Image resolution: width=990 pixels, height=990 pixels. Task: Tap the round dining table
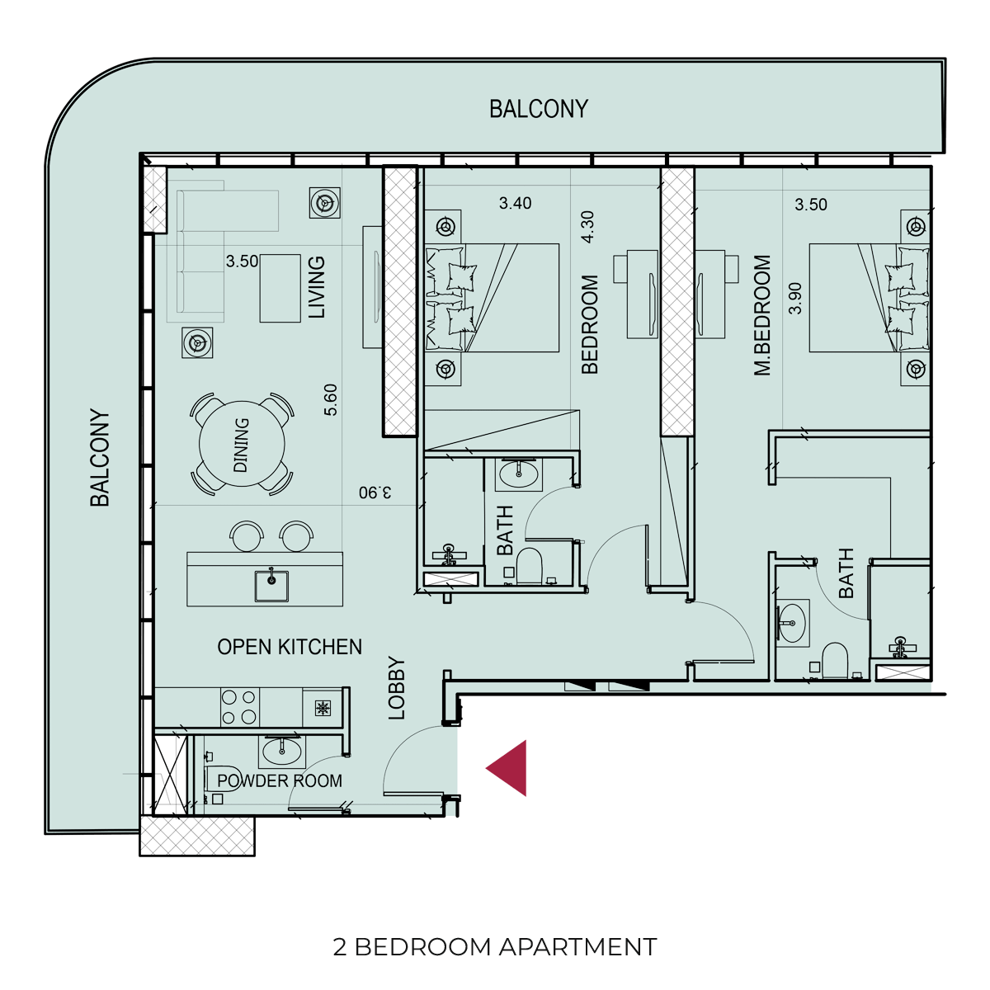pyautogui.click(x=242, y=444)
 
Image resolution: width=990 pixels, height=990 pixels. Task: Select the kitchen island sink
pyautogui.click(x=271, y=585)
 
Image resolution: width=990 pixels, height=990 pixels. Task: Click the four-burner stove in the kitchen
pyautogui.click(x=239, y=707)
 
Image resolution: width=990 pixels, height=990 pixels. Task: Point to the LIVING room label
pyautogui.click(x=317, y=287)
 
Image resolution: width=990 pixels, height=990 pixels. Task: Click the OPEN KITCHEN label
pyautogui.click(x=290, y=647)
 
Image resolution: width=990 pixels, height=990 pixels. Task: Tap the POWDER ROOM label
pyautogui.click(x=280, y=781)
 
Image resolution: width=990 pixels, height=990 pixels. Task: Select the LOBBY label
pyautogui.click(x=397, y=688)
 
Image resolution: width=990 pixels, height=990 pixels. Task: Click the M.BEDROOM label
pyautogui.click(x=762, y=315)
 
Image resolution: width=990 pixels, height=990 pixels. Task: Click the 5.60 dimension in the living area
pyautogui.click(x=331, y=399)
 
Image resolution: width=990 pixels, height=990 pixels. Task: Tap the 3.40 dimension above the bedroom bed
pyautogui.click(x=516, y=203)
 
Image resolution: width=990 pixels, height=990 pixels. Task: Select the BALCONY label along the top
pyautogui.click(x=539, y=109)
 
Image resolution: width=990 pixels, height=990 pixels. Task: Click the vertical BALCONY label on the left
pyautogui.click(x=100, y=458)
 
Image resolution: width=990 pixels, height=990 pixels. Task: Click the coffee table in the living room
pyautogui.click(x=280, y=288)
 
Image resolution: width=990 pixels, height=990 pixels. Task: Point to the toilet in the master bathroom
pyautogui.click(x=835, y=660)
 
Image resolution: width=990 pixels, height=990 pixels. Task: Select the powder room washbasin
pyautogui.click(x=281, y=752)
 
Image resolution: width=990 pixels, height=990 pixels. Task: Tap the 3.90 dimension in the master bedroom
pyautogui.click(x=794, y=299)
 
